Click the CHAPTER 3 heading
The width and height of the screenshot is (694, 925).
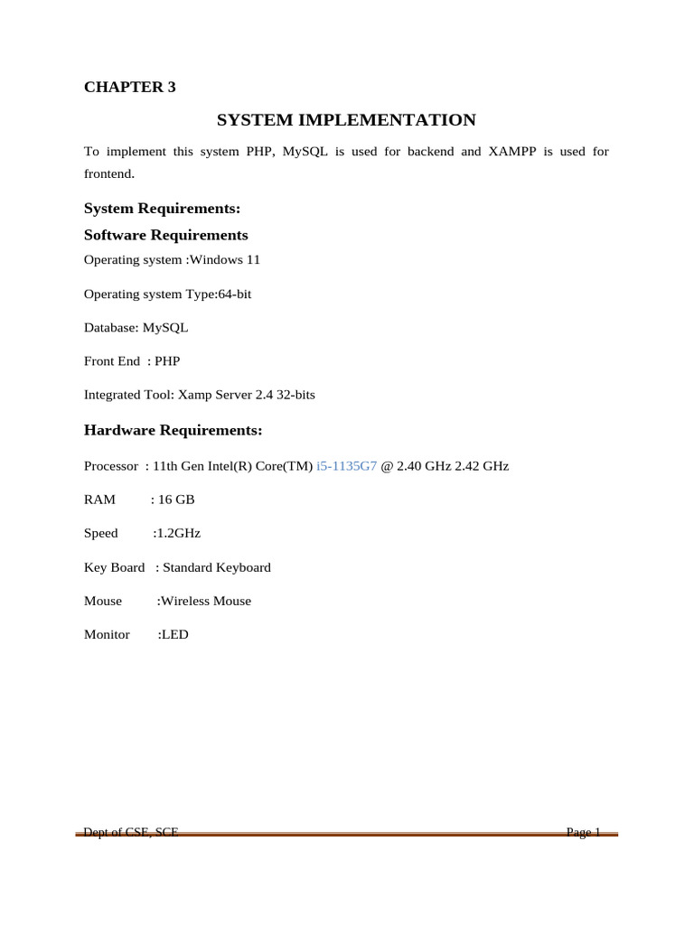click(130, 88)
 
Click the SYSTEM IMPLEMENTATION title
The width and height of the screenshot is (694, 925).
click(346, 120)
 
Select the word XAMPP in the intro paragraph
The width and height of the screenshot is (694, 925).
click(517, 152)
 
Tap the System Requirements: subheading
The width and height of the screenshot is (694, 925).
click(162, 209)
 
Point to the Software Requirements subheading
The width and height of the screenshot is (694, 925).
click(165, 235)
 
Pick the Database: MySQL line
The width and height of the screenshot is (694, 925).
click(136, 328)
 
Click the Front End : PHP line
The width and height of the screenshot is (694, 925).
click(132, 361)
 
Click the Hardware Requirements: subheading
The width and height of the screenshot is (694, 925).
click(173, 430)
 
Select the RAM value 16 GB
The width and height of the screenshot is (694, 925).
click(171, 500)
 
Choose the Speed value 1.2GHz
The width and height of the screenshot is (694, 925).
click(179, 533)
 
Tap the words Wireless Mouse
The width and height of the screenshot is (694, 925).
click(206, 601)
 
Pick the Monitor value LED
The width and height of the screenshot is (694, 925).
click(174, 635)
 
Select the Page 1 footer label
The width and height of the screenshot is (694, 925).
click(584, 833)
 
